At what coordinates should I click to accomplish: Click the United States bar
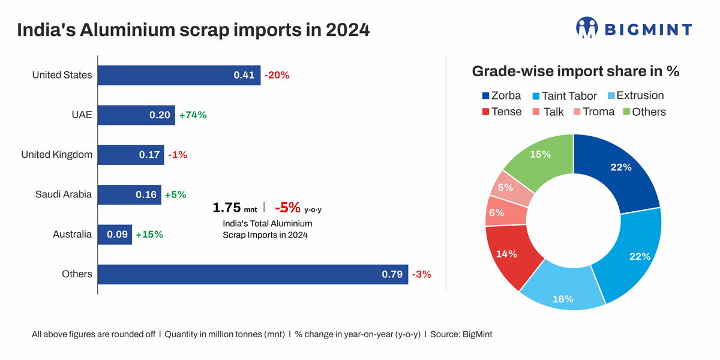point(179,75)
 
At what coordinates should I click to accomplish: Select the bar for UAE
point(136,115)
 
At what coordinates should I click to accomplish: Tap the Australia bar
point(115,234)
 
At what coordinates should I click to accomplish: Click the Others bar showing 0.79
point(253,274)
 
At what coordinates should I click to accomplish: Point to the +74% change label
point(193,115)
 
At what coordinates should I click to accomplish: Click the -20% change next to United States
point(277,75)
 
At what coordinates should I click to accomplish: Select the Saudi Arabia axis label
point(64,194)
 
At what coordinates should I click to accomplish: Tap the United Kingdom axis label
point(57,155)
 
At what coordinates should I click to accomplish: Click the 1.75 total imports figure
point(226,208)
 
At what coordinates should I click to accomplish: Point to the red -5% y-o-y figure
point(287,208)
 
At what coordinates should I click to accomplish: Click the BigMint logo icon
point(587,28)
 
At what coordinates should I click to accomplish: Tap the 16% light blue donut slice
point(563,290)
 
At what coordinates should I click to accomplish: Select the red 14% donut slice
point(509,255)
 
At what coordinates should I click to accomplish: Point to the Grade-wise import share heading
point(575,71)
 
